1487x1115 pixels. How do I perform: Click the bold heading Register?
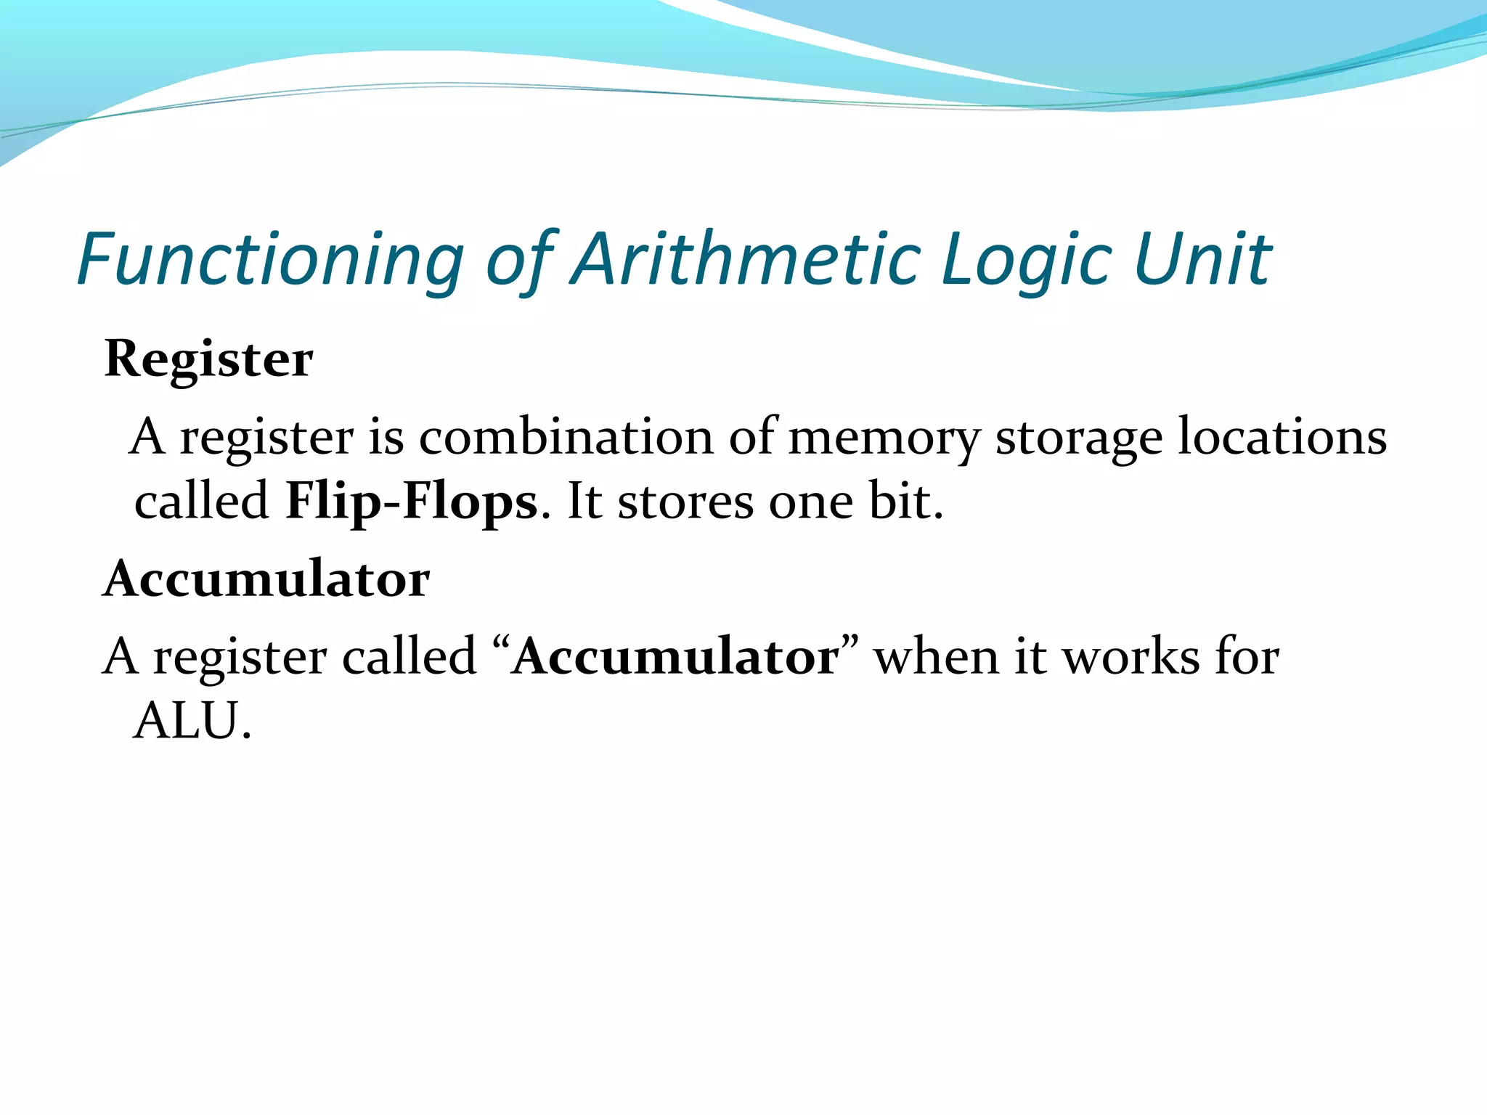[x=209, y=359]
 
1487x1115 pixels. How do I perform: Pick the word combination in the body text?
[x=566, y=438]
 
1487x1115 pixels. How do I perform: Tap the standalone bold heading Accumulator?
[x=267, y=580]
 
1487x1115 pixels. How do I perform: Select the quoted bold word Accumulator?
[x=675, y=658]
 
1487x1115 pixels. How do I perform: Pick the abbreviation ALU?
[x=192, y=722]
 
